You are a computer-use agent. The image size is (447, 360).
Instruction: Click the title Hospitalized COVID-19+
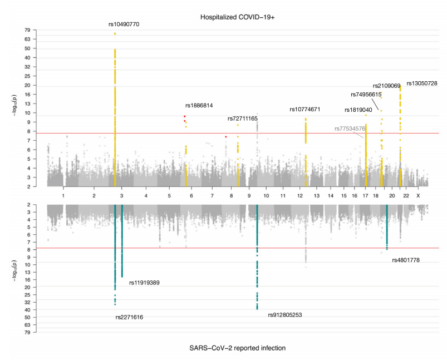coord(238,18)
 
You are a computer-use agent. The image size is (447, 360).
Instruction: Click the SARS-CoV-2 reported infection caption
coord(238,348)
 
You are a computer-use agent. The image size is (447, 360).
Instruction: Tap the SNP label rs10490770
coord(124,24)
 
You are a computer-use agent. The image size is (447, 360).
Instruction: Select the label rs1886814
coord(199,106)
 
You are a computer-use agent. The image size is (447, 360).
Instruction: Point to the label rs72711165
coord(243,119)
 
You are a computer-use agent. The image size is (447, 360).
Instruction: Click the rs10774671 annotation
coord(304,110)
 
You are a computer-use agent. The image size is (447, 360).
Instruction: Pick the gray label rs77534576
coord(350,129)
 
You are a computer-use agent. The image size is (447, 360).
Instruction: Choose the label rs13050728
coord(421,83)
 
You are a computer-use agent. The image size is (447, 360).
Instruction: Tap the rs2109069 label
coord(386,86)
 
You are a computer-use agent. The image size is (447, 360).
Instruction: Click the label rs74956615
coord(366,95)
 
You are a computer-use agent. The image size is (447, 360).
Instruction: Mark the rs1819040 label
coord(358,110)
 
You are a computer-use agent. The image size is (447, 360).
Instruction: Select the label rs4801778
coord(406,260)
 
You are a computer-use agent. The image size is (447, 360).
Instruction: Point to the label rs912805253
coord(284,315)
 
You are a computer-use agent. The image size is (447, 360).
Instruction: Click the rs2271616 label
coord(129,317)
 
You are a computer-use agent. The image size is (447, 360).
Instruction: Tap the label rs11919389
coord(144,283)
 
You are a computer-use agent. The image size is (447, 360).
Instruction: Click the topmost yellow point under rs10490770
coord(115,33)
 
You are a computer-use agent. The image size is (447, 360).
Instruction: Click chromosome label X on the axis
coord(418,196)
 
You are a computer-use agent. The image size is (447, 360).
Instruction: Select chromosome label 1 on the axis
coord(63,196)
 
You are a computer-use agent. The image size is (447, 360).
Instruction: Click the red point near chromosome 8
coord(225,136)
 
